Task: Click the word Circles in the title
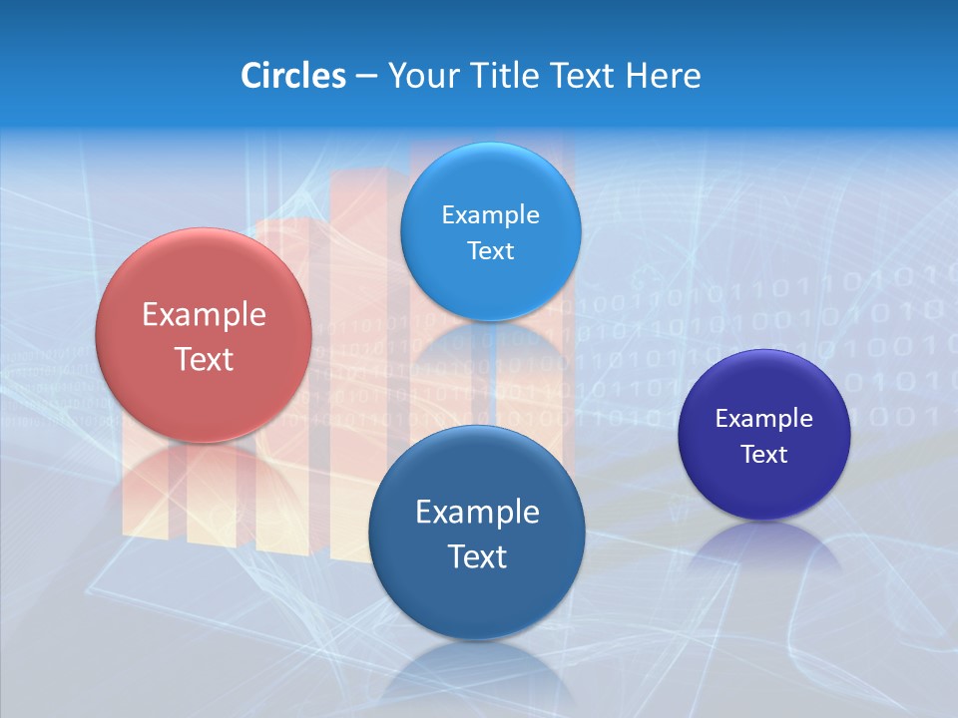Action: coord(292,76)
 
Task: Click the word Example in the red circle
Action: coord(204,315)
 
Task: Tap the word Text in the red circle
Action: coord(204,359)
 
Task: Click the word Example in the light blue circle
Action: coord(490,215)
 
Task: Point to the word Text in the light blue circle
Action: coord(490,251)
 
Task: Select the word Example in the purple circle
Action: coord(764,419)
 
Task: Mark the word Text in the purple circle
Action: coord(764,455)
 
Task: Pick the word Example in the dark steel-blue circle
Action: coord(477,513)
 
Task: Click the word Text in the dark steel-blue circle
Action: coord(477,556)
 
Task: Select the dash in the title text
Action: coord(366,77)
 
